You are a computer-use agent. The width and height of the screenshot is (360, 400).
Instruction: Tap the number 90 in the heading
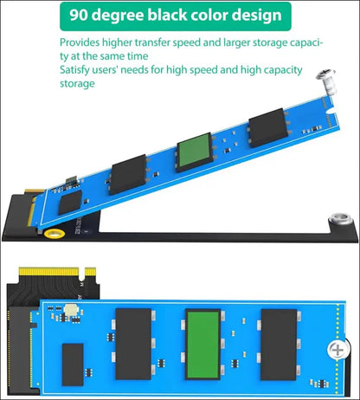(x=79, y=15)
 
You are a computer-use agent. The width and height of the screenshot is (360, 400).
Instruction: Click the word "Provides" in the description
(x=80, y=42)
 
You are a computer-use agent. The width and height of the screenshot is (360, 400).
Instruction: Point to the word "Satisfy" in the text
(x=74, y=70)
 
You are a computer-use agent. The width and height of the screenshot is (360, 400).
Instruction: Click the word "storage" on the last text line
(x=77, y=84)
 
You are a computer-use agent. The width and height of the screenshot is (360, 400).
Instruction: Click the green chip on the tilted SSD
(x=194, y=152)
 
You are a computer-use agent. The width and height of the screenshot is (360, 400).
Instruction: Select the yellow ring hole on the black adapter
(x=55, y=233)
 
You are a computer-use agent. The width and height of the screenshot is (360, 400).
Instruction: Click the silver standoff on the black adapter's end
(x=341, y=218)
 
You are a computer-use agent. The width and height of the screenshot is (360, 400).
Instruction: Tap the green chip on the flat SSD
(x=202, y=345)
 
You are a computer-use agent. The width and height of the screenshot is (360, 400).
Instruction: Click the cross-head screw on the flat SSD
(x=337, y=350)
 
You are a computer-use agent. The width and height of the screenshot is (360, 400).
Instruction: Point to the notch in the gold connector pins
(x=81, y=274)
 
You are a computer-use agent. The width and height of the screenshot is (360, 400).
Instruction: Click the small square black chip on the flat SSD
(x=73, y=365)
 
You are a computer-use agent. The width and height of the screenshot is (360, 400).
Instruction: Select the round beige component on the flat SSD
(x=71, y=310)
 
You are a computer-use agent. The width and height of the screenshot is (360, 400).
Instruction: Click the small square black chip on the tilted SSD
(x=70, y=202)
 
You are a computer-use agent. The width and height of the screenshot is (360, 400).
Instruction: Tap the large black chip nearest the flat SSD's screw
(x=279, y=345)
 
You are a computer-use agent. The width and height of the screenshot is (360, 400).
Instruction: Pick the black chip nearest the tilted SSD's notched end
(x=268, y=127)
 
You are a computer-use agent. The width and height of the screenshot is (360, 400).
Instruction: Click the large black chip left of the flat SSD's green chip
(x=133, y=344)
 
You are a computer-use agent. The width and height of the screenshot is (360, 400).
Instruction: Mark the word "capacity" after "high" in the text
(x=283, y=70)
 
